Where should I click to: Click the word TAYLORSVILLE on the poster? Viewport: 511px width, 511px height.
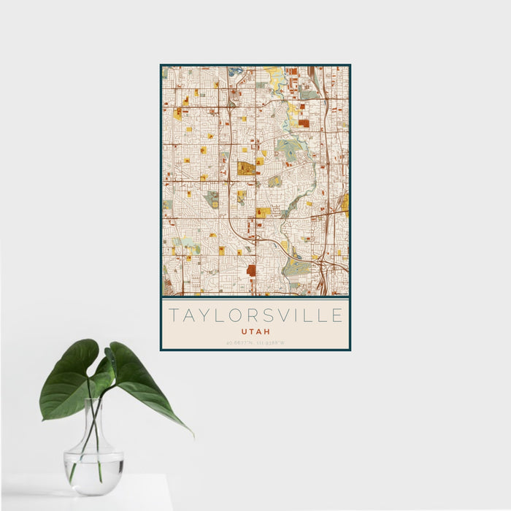(x=255, y=316)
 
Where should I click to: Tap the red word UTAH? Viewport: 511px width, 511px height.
(x=255, y=331)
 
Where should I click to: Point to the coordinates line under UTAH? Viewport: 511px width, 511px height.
(x=255, y=342)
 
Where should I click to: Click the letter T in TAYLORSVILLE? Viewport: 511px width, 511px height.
(x=173, y=316)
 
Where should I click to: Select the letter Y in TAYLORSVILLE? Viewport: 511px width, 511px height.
(x=205, y=316)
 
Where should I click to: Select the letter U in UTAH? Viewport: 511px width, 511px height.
(x=244, y=331)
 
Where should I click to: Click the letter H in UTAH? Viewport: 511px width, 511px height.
(x=267, y=331)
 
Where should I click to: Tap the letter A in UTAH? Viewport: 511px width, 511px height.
(x=259, y=331)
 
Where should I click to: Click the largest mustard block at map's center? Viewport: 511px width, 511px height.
(x=246, y=169)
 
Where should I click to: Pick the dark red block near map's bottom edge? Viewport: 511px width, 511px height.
(x=251, y=270)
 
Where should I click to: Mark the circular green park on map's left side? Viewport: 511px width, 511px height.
(x=212, y=198)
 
